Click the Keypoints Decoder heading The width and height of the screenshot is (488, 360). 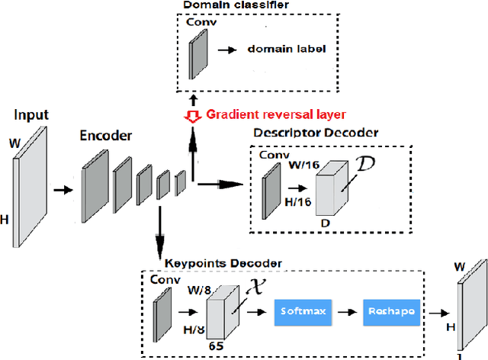tap(223, 263)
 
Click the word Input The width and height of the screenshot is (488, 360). tap(30, 115)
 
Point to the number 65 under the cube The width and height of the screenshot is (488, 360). tap(216, 346)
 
